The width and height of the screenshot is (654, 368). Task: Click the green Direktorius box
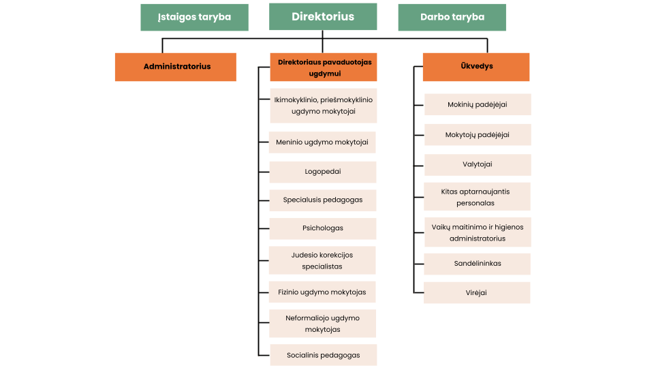tap(323, 16)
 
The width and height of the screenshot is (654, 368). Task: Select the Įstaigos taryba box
tap(194, 18)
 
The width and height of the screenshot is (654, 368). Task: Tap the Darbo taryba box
tap(452, 18)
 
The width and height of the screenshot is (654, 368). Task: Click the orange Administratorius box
tap(176, 67)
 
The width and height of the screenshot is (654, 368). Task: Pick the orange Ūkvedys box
tap(476, 67)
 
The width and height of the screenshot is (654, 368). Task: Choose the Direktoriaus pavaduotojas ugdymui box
tap(324, 67)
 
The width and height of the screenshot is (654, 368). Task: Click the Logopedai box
tap(323, 172)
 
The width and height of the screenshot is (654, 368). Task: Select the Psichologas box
tap(323, 229)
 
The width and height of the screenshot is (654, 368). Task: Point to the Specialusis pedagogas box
tap(323, 200)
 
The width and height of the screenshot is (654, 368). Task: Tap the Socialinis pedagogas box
tap(324, 355)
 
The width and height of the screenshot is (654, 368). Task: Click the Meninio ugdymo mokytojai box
tap(322, 142)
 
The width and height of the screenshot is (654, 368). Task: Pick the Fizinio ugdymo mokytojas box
tap(322, 292)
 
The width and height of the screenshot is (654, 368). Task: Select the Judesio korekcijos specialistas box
tap(322, 260)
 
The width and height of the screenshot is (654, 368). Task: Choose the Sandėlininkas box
tap(477, 264)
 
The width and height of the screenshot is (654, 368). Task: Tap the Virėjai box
tap(477, 292)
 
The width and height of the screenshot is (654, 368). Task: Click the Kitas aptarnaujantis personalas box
tap(477, 196)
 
